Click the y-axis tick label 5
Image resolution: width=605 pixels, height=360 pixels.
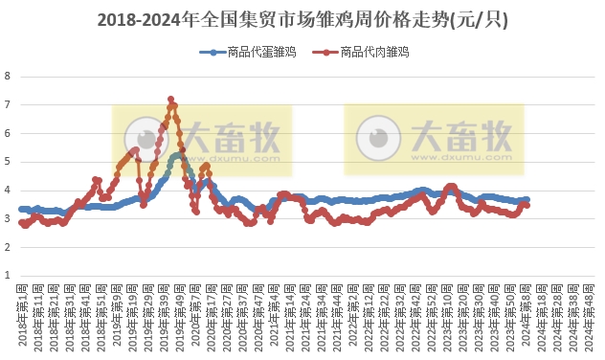[8, 162]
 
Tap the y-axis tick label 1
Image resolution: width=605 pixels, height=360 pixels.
[8, 276]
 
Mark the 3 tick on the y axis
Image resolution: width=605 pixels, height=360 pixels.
[8, 219]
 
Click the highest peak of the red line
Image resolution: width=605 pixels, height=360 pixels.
[170, 100]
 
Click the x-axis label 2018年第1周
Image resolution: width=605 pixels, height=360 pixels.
[23, 306]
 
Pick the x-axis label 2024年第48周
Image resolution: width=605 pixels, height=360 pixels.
[588, 306]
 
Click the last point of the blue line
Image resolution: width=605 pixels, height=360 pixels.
[526, 199]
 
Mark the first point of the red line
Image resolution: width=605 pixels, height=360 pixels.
[21, 222]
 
